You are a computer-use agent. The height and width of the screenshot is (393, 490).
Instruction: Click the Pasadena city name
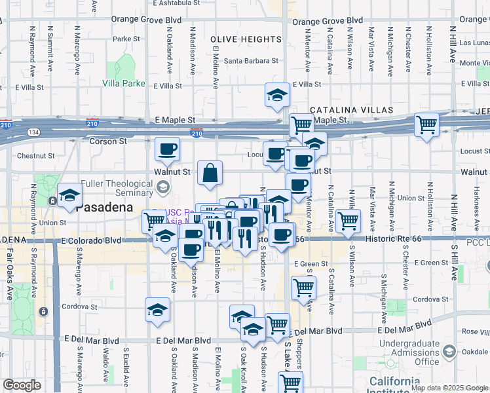coord(104,208)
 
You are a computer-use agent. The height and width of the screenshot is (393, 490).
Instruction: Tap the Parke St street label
coord(122,39)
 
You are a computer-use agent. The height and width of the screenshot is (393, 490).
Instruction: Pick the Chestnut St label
coord(35,156)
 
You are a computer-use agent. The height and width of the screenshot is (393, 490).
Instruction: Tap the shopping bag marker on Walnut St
coord(210,174)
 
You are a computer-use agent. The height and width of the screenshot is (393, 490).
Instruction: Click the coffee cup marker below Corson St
coord(167,149)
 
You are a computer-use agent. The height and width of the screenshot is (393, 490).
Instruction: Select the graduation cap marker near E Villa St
coord(277,95)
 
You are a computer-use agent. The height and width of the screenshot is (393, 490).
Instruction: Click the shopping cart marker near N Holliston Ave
coord(426,124)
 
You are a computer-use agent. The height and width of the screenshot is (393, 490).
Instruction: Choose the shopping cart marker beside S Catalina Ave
coord(348,220)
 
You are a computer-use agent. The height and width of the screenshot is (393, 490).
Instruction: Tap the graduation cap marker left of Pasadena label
coord(69,195)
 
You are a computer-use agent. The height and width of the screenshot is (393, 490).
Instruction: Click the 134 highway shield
coord(33,132)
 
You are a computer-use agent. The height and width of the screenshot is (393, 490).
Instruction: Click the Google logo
coord(22,385)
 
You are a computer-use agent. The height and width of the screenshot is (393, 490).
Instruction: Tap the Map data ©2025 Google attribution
coord(449,388)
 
